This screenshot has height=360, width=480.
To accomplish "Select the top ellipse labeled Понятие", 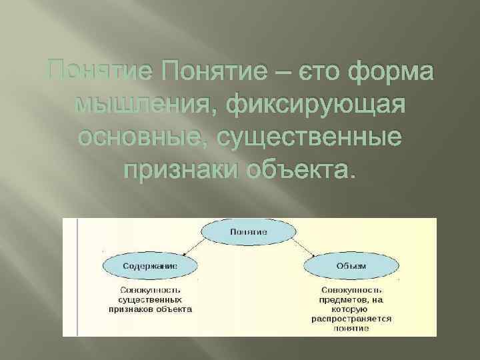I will coord(249,232).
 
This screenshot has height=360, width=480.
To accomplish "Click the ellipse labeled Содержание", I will coord(149,265).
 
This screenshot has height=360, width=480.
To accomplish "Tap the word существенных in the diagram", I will coord(149,300).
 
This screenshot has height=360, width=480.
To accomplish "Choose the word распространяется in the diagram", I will coord(351,319).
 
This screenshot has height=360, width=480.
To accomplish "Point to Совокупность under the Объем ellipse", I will coord(351,291).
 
